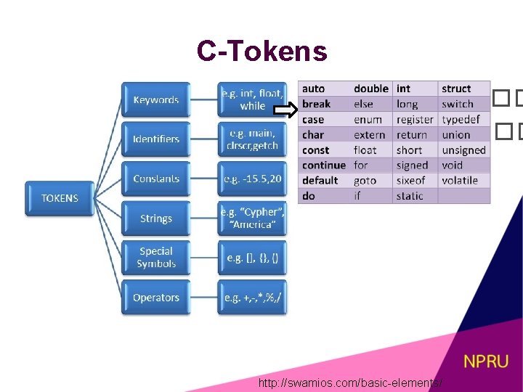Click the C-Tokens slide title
261,52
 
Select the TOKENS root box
60,198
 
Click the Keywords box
155,99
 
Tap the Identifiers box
155,139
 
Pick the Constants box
155,179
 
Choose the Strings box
155,218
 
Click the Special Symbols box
155,258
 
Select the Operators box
155,297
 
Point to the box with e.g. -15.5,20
252,179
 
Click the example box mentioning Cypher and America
252,218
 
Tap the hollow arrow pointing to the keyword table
285,110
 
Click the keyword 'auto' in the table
314,89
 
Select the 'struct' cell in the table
456,89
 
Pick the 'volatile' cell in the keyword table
460,180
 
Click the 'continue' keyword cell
324,165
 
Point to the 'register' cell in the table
415,119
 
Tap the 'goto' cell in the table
365,180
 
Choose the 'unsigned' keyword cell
463,150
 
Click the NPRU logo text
486,361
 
